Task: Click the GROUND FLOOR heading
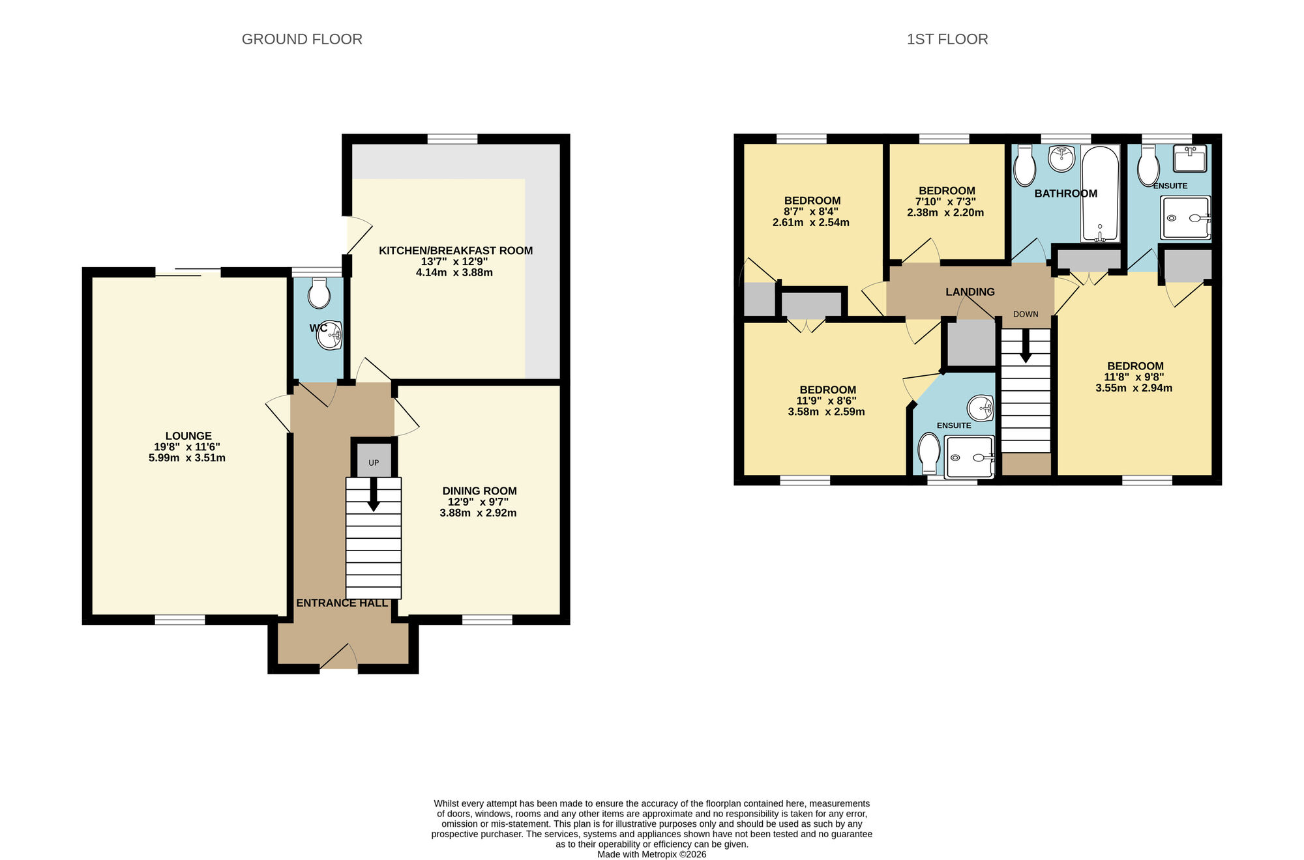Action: [302, 39]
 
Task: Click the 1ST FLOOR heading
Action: [947, 39]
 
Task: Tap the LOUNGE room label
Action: [188, 436]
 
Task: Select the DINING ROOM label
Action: [479, 491]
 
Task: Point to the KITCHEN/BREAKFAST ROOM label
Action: [456, 250]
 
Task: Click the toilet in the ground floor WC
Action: [319, 293]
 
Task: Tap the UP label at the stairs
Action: [374, 463]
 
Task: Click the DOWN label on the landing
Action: [1026, 314]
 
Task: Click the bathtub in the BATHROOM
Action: [1100, 193]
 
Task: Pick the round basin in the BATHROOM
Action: [1061, 158]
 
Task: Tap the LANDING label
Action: [970, 292]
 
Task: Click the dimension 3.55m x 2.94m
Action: [1134, 388]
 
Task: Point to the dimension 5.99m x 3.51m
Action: [187, 458]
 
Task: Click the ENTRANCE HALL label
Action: [342, 603]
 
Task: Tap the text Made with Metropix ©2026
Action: [651, 854]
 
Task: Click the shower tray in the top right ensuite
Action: [1185, 218]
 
